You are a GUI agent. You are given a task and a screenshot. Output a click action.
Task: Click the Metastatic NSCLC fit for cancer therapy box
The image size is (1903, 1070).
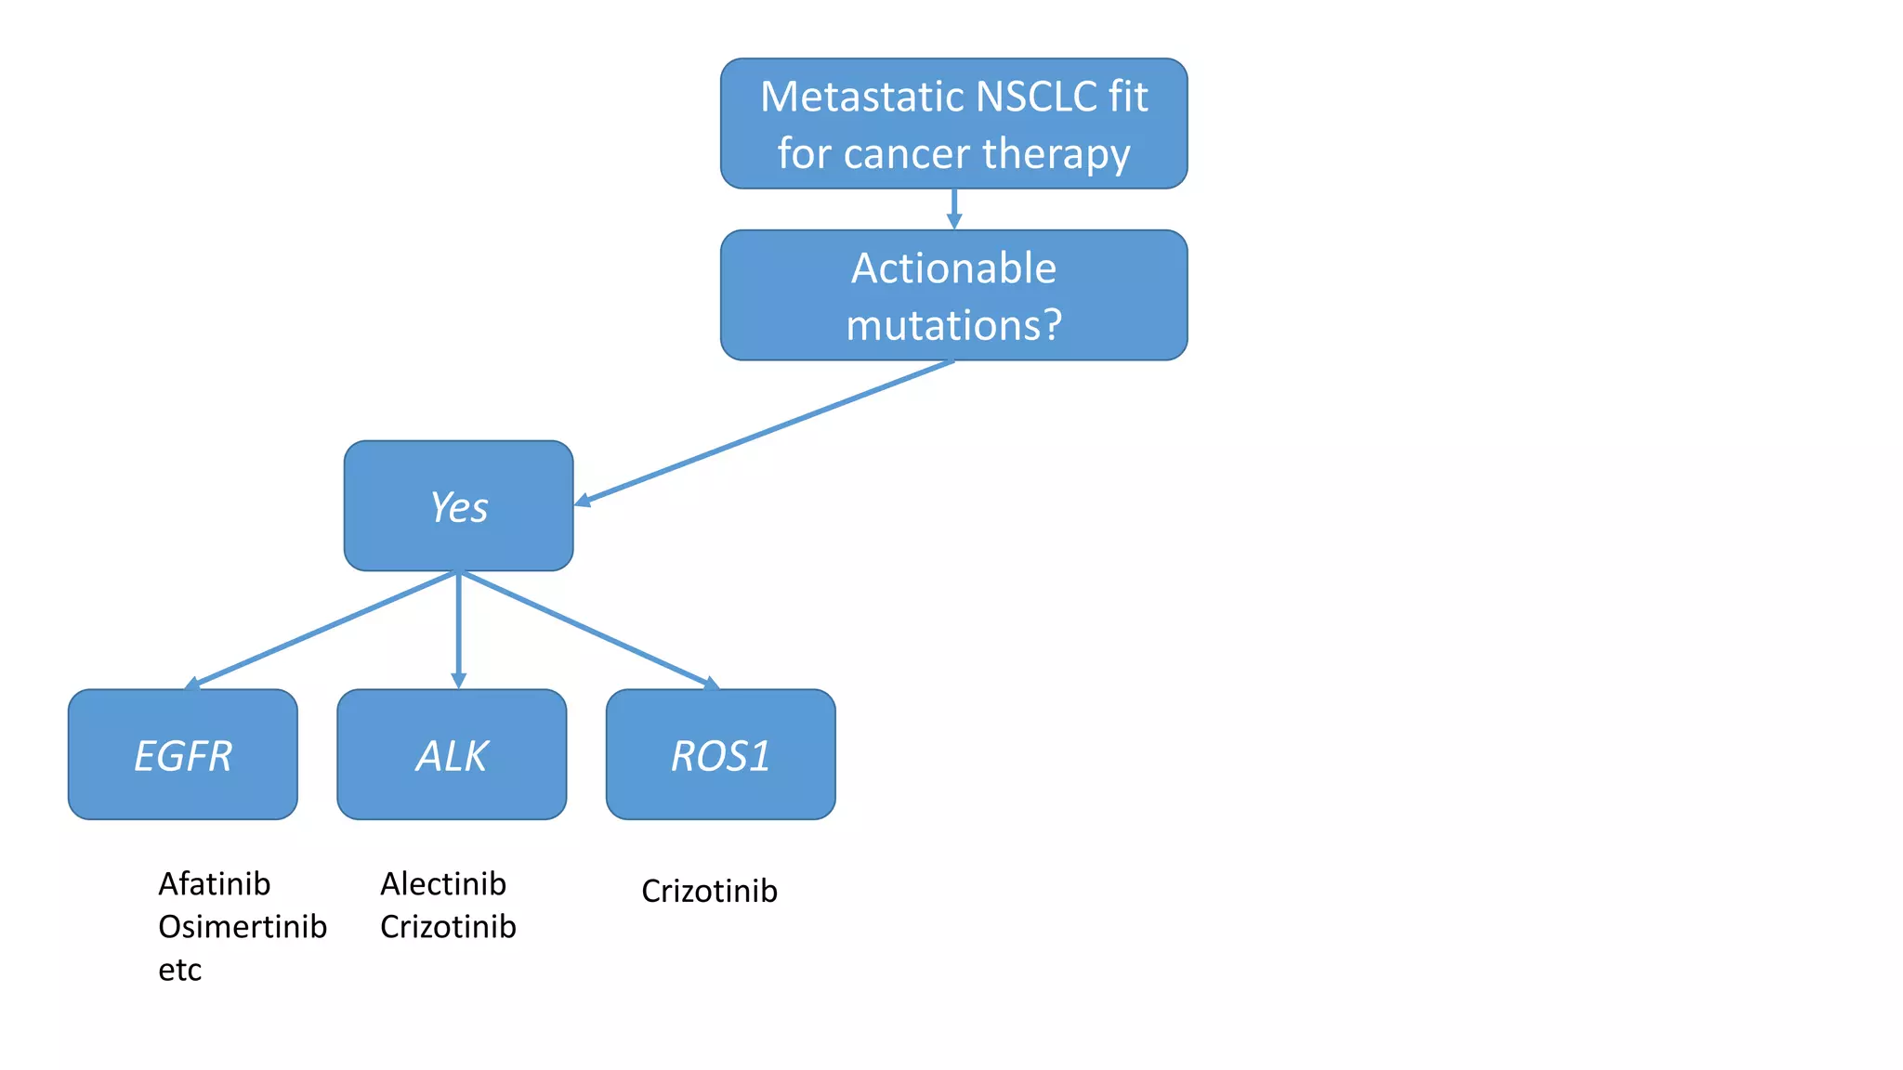[953, 124]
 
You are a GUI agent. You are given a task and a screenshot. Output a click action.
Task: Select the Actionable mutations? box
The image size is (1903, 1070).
[953, 295]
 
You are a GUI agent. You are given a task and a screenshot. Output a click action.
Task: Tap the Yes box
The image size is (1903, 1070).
[458, 506]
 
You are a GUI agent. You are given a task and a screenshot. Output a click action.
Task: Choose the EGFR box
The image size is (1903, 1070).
[183, 754]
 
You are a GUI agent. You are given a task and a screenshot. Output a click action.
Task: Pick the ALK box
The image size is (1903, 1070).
[452, 754]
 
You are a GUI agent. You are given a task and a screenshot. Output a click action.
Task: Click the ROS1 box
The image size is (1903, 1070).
[720, 754]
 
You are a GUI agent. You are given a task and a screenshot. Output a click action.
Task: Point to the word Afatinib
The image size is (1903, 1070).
[215, 883]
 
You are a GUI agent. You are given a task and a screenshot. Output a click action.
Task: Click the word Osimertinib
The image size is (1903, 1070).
[243, 926]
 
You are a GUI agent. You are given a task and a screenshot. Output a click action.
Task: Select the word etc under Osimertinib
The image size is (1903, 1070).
[179, 970]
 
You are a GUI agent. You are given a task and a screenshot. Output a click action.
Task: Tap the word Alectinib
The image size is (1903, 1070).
[443, 883]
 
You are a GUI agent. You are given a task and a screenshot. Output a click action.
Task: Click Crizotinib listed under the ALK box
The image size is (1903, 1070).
[448, 926]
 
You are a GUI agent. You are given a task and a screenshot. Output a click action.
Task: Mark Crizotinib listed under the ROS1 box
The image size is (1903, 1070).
[709, 891]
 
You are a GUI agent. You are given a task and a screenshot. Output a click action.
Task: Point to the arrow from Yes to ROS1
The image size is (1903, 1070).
[588, 629]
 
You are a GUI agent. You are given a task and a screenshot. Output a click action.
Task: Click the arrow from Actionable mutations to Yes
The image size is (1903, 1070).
[764, 432]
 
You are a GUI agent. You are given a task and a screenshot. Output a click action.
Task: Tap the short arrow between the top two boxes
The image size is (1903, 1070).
[953, 209]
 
